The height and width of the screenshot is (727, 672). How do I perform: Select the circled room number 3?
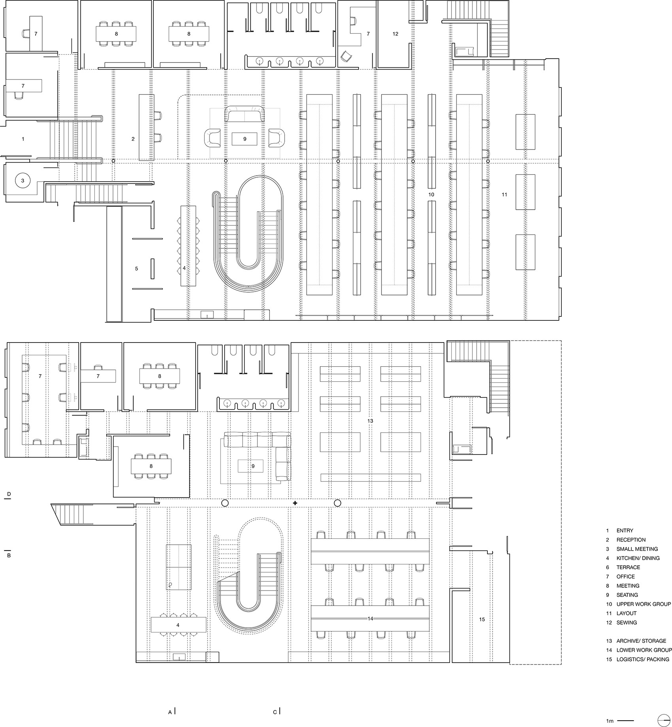pos(23,181)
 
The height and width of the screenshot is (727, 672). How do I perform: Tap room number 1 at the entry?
pos(23,139)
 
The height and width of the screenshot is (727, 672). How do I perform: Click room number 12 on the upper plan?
pos(395,34)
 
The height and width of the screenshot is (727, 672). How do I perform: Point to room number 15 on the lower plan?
pos(482,619)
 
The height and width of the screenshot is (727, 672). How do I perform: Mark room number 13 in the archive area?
pos(370,421)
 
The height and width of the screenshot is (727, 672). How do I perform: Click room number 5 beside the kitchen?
pos(136,269)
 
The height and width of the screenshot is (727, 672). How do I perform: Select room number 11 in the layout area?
pos(504,195)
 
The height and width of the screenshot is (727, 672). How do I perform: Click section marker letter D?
pos(8,494)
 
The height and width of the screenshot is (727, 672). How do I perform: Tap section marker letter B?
pos(8,556)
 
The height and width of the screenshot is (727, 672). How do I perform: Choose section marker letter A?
pos(170,712)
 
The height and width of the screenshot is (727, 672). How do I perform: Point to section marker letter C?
pos(275,712)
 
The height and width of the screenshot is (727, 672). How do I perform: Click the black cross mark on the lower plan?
pos(295,503)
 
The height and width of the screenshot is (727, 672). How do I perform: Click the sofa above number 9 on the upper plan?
pos(245,114)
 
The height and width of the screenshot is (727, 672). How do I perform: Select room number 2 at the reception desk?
pos(133,139)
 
